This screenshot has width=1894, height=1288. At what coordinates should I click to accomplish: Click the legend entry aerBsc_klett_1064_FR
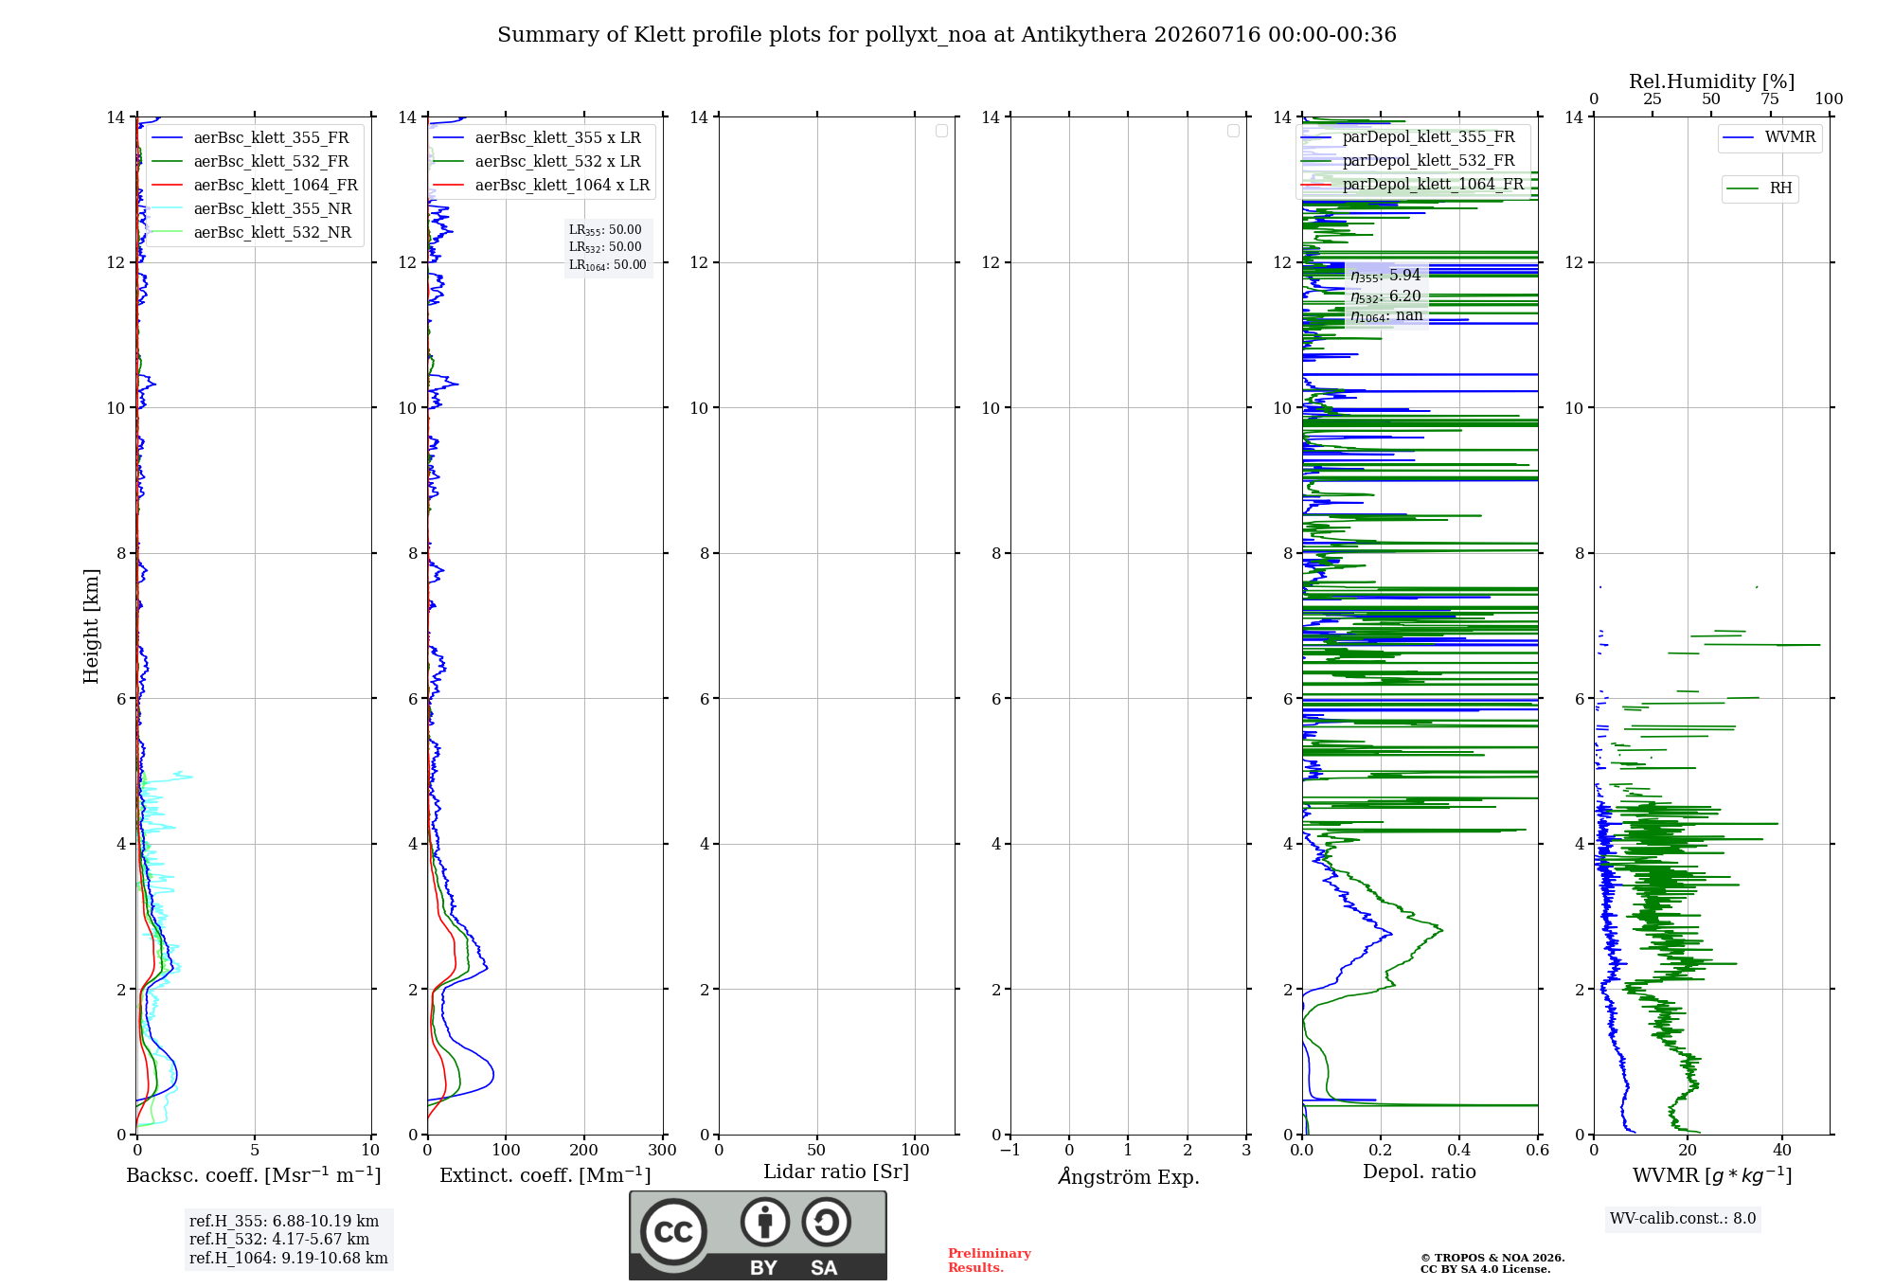tap(254, 185)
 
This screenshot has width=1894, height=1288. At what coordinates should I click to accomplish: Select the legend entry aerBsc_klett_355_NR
tap(251, 208)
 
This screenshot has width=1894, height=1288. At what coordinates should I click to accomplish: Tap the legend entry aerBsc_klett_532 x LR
tap(536, 161)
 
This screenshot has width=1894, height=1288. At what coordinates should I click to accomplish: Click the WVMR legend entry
tap(1769, 137)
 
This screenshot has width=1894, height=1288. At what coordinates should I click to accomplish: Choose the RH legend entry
tap(1760, 188)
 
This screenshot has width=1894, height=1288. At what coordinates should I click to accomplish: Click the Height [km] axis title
tap(91, 626)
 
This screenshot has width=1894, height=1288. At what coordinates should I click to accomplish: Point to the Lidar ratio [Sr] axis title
tap(836, 1172)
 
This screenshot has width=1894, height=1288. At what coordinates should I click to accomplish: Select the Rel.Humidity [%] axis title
tap(1712, 81)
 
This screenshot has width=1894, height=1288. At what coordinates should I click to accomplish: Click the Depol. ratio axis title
tap(1420, 1172)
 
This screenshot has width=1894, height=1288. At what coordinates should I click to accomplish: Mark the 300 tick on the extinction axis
tap(663, 1150)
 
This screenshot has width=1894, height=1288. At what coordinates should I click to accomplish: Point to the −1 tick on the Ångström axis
tap(1010, 1150)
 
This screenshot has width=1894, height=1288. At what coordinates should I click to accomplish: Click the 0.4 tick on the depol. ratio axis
tap(1459, 1150)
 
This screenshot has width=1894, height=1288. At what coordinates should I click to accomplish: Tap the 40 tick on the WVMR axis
tap(1782, 1150)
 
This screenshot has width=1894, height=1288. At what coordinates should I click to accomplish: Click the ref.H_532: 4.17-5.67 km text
tap(279, 1239)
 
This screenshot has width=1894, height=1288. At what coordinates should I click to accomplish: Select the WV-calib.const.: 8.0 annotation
tap(1683, 1219)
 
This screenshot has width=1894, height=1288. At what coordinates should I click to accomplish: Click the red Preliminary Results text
tap(990, 1261)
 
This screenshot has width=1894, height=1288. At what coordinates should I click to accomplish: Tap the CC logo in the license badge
tap(673, 1232)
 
